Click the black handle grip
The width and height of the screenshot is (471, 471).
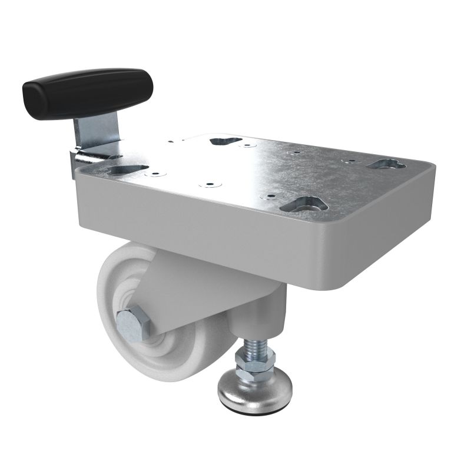88,92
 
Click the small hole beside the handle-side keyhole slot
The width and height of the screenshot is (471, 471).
155,174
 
